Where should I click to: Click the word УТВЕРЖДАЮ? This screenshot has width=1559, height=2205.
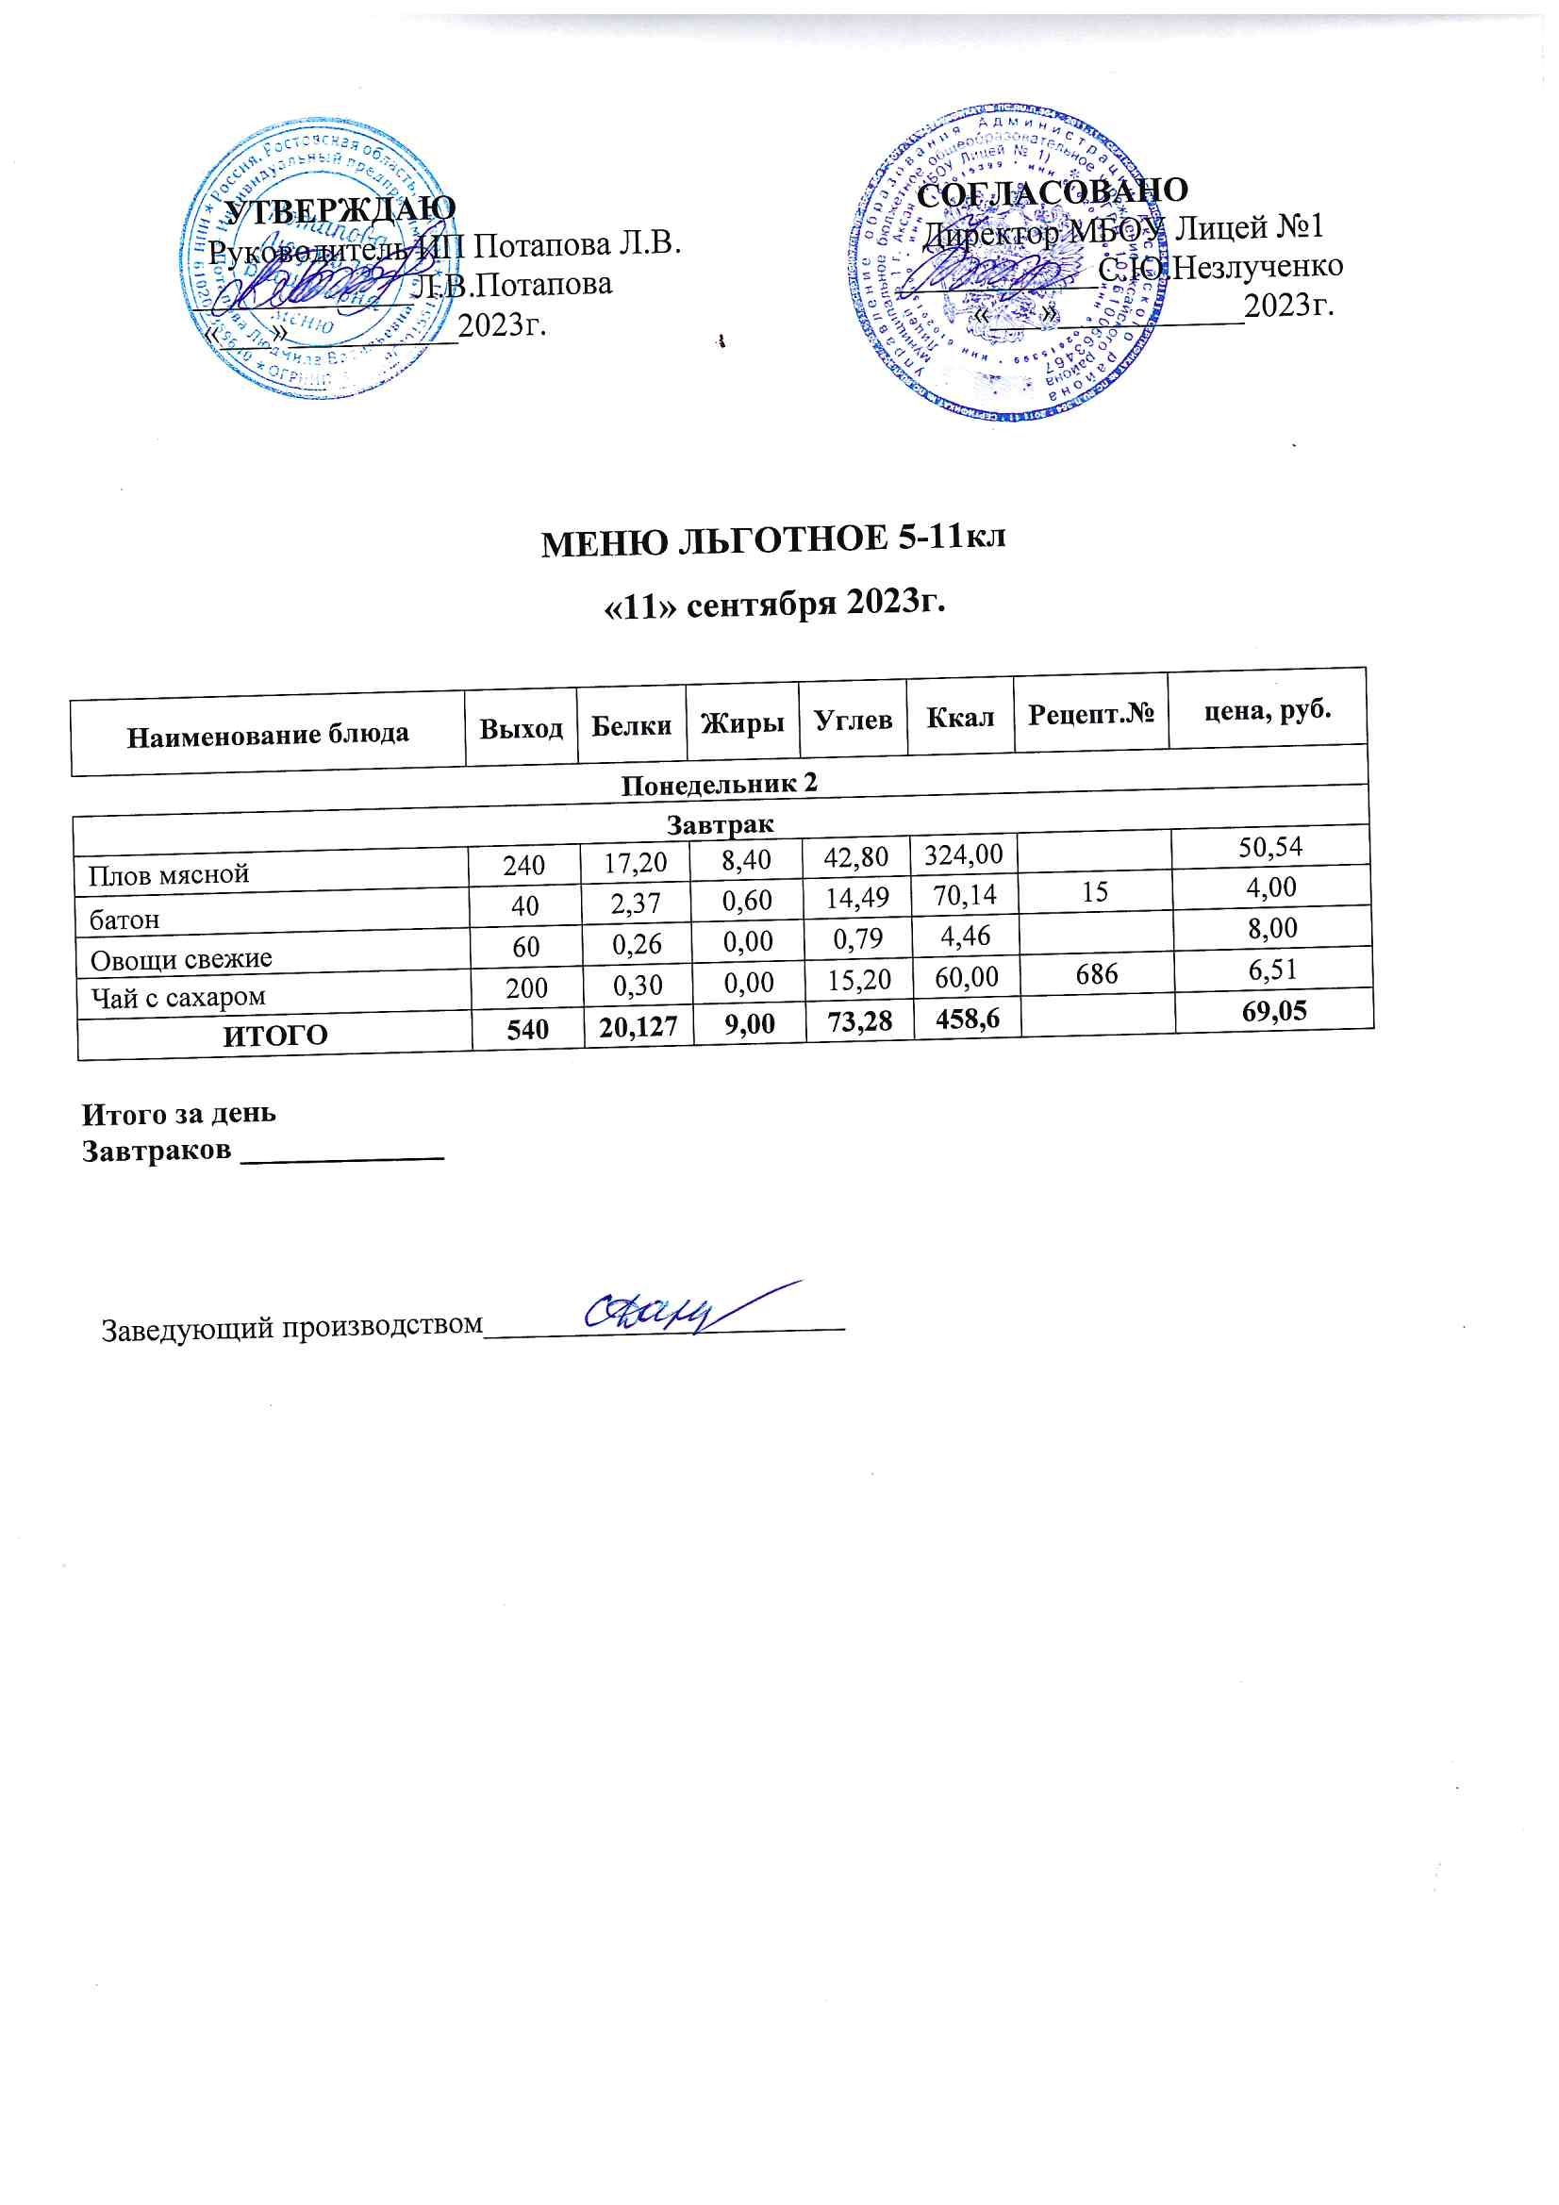pyautogui.click(x=340, y=209)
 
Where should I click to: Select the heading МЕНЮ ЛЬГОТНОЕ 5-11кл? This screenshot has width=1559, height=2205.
pyautogui.click(x=773, y=540)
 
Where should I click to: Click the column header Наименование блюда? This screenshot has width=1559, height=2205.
pyautogui.click(x=268, y=736)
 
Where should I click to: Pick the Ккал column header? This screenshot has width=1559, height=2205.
pyautogui.click(x=958, y=717)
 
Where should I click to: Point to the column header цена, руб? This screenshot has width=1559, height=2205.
pyautogui.click(x=1267, y=710)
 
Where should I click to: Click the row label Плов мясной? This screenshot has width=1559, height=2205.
pyautogui.click(x=169, y=875)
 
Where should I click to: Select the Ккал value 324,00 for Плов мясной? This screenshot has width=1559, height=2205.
pyautogui.click(x=964, y=853)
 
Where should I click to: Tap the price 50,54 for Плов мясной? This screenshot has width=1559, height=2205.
pyautogui.click(x=1269, y=847)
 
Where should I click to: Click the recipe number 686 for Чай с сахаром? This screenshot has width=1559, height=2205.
pyautogui.click(x=1096, y=974)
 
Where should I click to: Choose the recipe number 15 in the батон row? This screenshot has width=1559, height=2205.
pyautogui.click(x=1094, y=892)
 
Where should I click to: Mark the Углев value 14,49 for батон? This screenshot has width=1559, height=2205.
pyautogui.click(x=856, y=898)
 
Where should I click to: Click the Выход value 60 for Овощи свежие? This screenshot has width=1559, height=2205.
pyautogui.click(x=525, y=947)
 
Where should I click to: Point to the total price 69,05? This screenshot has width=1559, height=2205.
pyautogui.click(x=1274, y=1010)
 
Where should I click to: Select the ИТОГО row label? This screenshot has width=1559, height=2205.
pyautogui.click(x=275, y=1036)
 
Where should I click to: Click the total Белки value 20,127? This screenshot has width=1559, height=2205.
pyautogui.click(x=638, y=1028)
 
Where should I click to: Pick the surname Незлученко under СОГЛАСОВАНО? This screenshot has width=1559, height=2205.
pyautogui.click(x=1258, y=266)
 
